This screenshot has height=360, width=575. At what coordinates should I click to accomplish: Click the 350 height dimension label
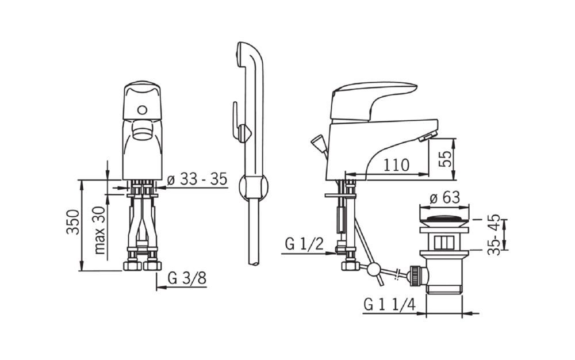(x=72, y=222)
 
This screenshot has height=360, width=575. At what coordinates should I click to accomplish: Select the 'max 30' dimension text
(x=99, y=230)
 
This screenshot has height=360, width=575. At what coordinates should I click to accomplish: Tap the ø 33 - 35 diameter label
(x=197, y=179)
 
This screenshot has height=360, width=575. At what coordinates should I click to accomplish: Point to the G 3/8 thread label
(x=187, y=278)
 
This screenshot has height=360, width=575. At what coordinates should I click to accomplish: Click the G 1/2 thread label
(x=304, y=243)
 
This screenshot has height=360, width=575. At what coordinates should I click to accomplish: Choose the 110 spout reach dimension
(x=396, y=166)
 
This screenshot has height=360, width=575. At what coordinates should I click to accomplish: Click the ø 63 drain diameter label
(x=444, y=198)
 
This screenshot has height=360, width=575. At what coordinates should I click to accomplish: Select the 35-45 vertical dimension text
(x=494, y=235)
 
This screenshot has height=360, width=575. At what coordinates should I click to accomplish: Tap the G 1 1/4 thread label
(x=389, y=304)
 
